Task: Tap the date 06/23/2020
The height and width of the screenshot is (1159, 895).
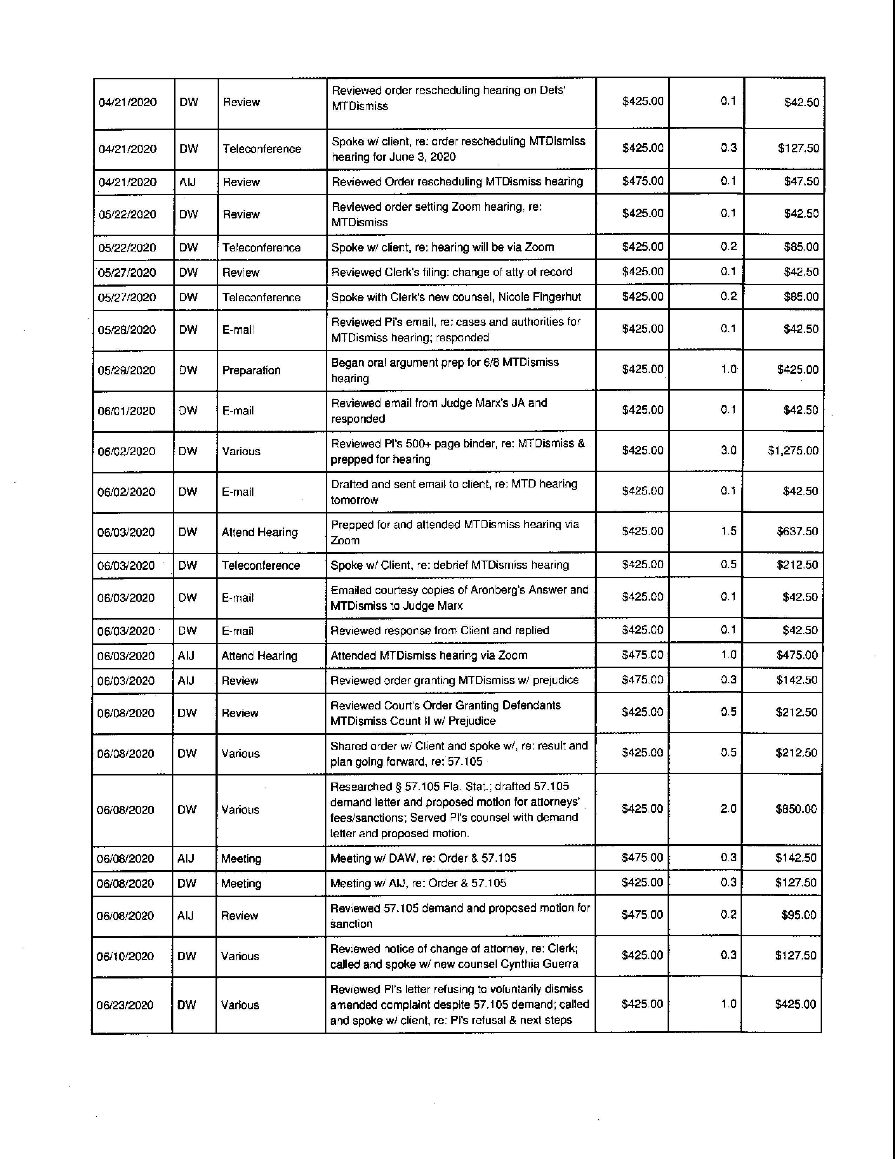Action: [125, 1005]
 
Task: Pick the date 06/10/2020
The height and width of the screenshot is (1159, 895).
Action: [125, 956]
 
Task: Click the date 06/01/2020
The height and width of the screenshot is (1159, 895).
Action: [126, 411]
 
